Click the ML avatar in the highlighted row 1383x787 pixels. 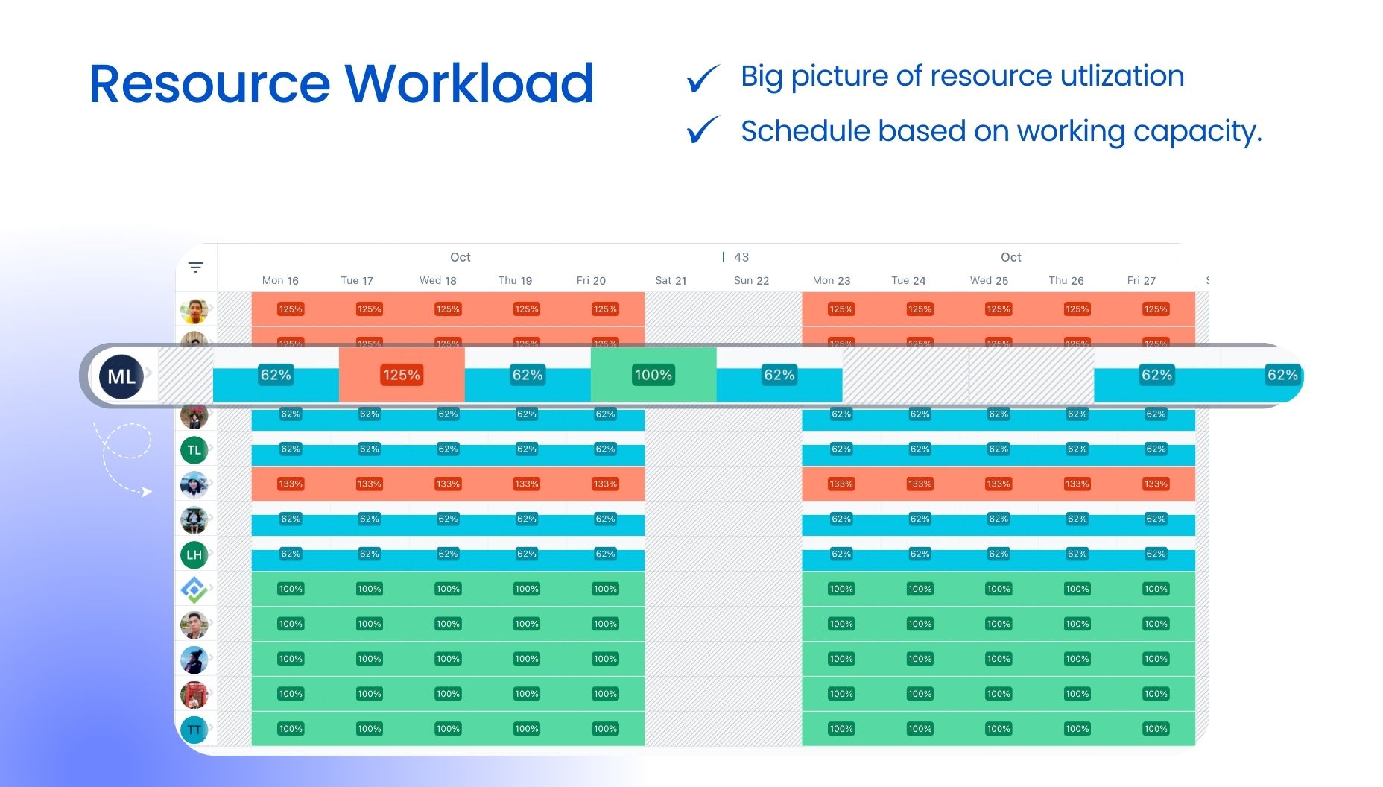click(121, 376)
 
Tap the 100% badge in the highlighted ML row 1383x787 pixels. click(653, 375)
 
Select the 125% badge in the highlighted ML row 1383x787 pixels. click(402, 375)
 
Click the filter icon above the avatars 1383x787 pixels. click(195, 267)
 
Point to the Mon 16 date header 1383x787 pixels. click(280, 281)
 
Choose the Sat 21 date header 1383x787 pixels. click(671, 281)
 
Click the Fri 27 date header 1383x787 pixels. click(1141, 281)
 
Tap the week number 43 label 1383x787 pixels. click(741, 257)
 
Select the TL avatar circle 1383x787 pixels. click(194, 450)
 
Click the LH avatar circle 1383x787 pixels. click(194, 555)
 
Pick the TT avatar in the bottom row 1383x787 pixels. click(194, 730)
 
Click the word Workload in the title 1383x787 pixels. click(469, 83)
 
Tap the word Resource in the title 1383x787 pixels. click(209, 83)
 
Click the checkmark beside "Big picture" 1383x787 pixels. click(703, 78)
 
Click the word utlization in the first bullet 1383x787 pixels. click(1121, 76)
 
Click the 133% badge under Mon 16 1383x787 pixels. click(291, 484)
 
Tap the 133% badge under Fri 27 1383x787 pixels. click(1156, 484)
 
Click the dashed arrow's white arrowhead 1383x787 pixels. click(147, 492)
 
